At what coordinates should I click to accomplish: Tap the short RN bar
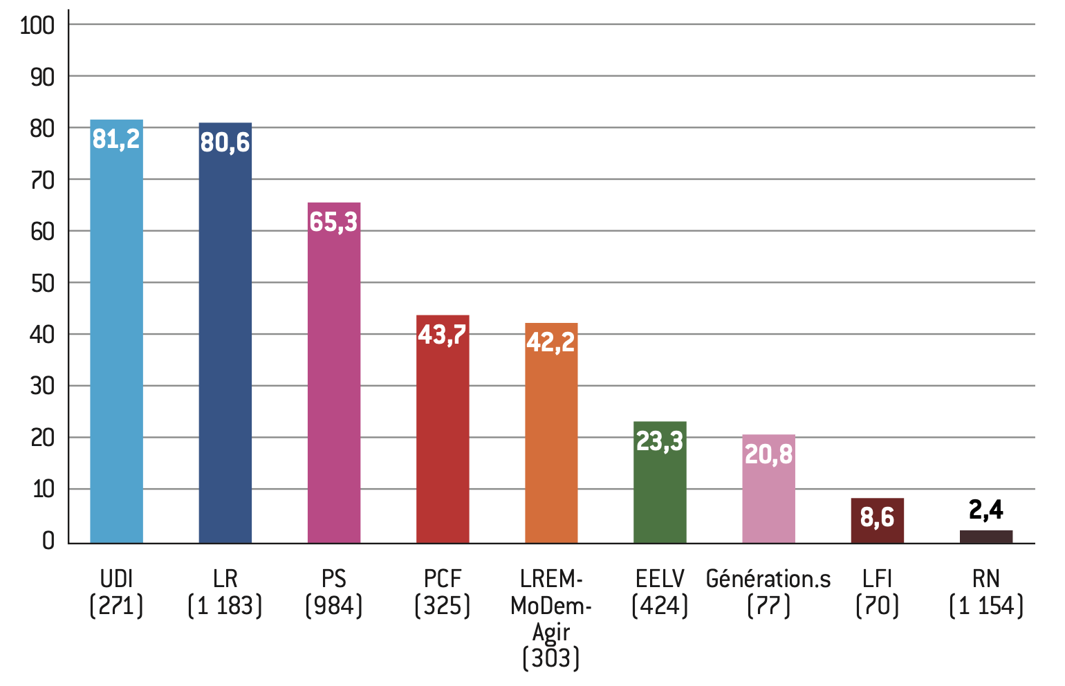[x=985, y=537]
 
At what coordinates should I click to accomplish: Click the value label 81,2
[x=116, y=139]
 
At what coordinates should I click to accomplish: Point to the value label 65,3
[x=333, y=222]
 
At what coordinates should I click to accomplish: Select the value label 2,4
[x=985, y=510]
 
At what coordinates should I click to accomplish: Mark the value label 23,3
[x=660, y=441]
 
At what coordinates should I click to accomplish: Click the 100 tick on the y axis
[x=37, y=26]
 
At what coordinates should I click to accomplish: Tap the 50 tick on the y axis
[x=42, y=284]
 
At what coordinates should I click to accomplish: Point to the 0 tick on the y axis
[x=48, y=541]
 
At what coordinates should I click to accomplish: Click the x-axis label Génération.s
[x=768, y=579]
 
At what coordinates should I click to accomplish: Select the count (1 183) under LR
[x=225, y=606]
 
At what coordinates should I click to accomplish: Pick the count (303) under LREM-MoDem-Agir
[x=551, y=658]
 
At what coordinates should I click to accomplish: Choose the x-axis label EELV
[x=660, y=579]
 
